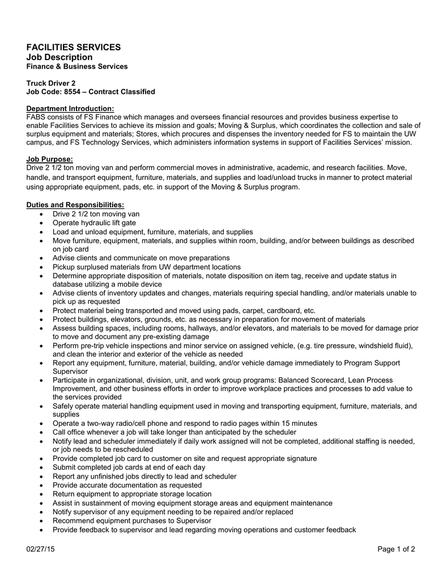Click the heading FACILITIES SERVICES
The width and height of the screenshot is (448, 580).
click(x=74, y=47)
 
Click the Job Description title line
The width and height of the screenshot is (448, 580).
click(x=59, y=57)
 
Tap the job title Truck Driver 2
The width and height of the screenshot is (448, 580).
click(x=51, y=83)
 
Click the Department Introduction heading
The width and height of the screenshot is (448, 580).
click(x=70, y=108)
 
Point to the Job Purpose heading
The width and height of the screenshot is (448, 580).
click(x=50, y=159)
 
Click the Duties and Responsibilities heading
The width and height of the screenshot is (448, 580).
click(x=75, y=204)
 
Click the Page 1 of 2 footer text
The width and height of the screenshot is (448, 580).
click(x=396, y=549)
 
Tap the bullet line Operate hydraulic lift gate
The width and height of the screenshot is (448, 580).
click(x=94, y=223)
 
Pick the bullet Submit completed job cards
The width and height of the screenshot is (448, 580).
click(x=129, y=467)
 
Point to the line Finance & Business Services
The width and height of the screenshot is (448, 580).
click(x=77, y=66)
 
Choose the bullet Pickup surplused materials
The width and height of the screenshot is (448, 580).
click(x=146, y=267)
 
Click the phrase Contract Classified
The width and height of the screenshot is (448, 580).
click(x=125, y=91)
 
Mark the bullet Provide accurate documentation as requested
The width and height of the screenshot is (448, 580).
click(x=127, y=485)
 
